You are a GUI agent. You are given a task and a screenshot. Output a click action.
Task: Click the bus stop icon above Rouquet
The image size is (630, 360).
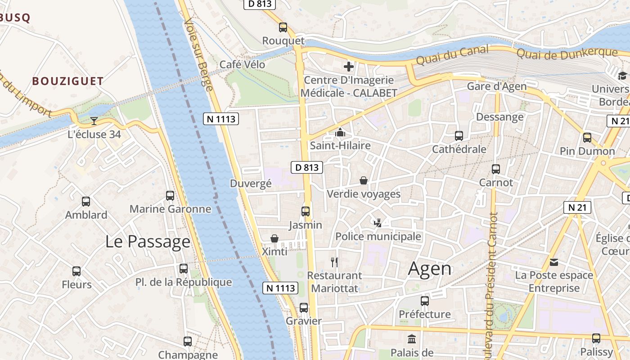283,27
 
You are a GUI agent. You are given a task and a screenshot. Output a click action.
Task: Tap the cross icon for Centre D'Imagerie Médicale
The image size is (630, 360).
349,67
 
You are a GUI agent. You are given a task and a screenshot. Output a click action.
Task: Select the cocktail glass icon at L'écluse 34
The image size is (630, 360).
94,121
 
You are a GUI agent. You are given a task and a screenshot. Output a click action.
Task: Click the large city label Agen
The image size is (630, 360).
429,269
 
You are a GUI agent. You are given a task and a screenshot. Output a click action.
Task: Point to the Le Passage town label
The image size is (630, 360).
148,242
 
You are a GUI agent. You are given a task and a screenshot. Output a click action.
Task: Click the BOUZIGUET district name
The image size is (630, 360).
68,81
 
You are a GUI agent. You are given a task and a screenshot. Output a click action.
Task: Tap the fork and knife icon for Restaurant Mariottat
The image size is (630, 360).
334,262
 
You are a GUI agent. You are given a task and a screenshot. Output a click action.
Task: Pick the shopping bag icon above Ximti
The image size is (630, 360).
274,238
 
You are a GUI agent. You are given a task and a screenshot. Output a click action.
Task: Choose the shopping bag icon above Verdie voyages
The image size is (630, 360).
364,181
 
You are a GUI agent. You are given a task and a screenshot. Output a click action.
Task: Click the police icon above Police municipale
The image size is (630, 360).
378,223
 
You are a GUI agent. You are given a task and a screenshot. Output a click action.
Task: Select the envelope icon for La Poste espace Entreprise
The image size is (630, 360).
554,262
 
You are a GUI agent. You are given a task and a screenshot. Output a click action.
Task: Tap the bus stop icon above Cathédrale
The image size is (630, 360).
459,136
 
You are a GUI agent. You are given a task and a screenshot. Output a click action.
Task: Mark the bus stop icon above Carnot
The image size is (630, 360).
495,169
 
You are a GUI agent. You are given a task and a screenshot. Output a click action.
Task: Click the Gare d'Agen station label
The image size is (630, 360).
496,86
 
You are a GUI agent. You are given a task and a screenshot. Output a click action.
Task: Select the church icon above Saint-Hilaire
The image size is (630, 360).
340,133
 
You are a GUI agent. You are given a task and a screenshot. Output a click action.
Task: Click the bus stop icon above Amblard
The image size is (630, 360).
86,202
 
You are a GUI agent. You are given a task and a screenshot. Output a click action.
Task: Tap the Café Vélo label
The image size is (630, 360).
242,65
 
